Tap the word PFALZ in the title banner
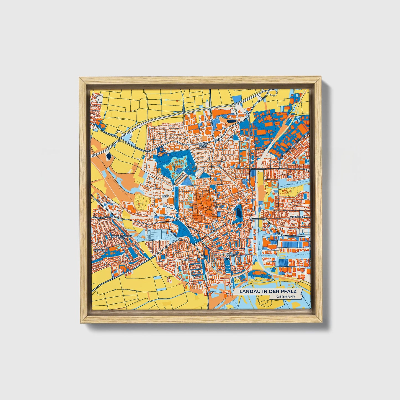coord(289,291)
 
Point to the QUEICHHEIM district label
coord(298,216)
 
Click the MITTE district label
coord(219,207)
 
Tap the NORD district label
coord(219,140)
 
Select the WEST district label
coord(165,196)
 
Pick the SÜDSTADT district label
coord(231,254)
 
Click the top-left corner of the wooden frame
coord(80,78)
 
